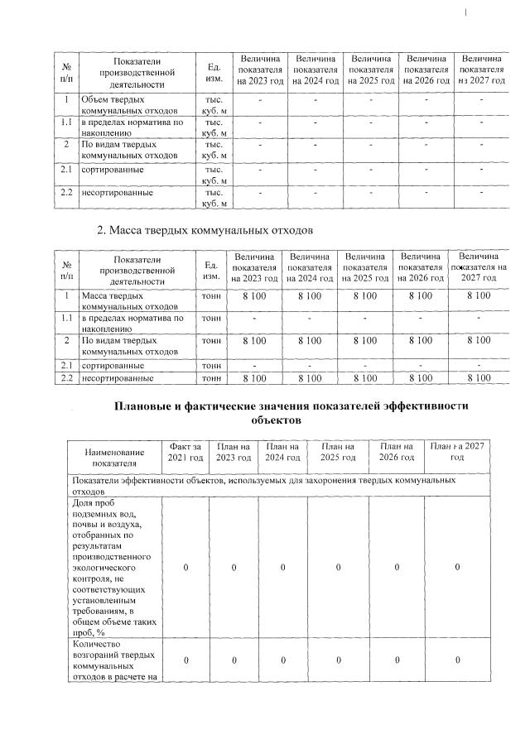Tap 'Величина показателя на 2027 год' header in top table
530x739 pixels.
tap(482, 70)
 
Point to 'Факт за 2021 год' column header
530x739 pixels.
tap(185, 453)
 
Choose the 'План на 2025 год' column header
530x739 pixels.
tap(338, 453)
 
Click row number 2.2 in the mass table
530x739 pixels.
tap(65, 378)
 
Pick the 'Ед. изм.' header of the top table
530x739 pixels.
tap(212, 70)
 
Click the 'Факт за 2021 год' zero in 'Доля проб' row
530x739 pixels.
tap(185, 569)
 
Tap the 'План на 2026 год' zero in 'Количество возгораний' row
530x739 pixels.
tap(396, 660)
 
